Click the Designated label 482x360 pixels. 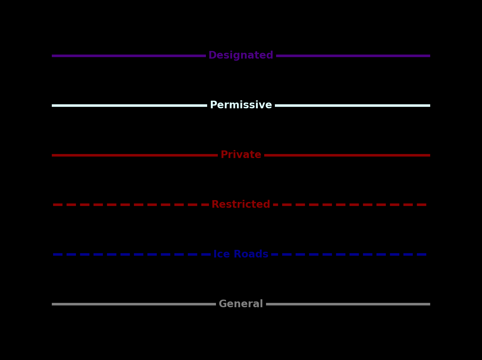pos(241,56)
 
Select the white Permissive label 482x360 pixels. pos(241,105)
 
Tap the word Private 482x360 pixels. pos(241,155)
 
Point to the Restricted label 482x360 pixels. pos(241,204)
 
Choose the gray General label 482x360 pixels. pos(241,304)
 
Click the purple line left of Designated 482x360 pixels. pos(128,56)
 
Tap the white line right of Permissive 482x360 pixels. pos(352,106)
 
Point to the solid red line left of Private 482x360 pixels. pos(134,155)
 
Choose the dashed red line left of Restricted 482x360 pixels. pos(125,205)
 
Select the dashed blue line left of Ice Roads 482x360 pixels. pos(125,254)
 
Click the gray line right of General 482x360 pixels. pos(348,304)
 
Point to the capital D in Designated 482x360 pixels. pos(212,56)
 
